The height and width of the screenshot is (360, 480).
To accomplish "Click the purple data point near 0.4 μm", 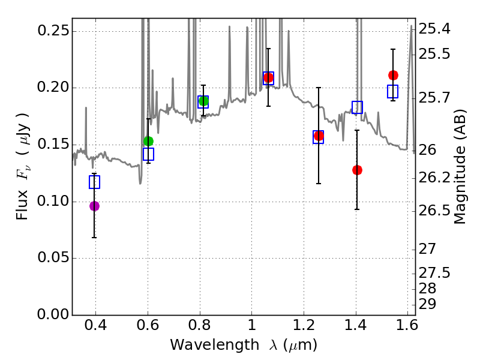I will [94, 206].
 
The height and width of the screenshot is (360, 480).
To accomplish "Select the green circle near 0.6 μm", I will [149, 141].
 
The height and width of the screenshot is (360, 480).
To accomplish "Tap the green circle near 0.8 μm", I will [203, 101].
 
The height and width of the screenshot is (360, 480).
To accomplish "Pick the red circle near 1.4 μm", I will [357, 170].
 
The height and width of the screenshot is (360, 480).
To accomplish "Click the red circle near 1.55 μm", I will [393, 75].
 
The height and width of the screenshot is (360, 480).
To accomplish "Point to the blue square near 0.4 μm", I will [94, 182].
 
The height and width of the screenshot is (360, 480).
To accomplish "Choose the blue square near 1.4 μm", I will [357, 107].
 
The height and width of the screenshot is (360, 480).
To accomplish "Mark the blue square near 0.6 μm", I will [149, 154].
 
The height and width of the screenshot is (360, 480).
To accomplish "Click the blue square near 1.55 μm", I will [393, 92].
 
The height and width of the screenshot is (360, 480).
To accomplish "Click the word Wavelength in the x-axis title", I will [206, 345].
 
